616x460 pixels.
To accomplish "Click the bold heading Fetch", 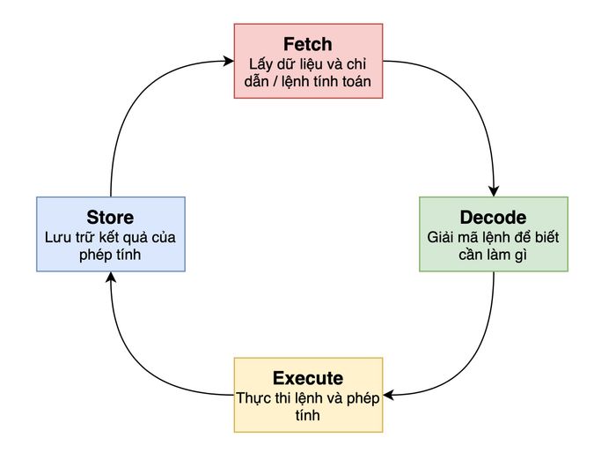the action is coord(308,44).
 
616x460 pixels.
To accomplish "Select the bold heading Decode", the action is coord(493,218).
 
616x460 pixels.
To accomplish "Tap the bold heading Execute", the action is coord(308,378).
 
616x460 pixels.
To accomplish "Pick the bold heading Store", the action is coord(110,218).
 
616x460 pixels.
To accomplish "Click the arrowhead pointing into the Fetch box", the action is coord(229,61).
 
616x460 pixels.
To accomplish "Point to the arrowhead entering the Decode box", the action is coord(494,191).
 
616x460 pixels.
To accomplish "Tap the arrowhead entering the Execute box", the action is coord(389,395).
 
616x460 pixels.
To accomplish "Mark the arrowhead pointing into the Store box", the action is coord(111,278).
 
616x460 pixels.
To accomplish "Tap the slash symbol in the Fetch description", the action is coord(275,81).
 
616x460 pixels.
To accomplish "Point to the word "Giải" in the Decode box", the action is coord(440,237).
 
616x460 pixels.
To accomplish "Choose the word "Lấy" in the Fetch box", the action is coord(260,64).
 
